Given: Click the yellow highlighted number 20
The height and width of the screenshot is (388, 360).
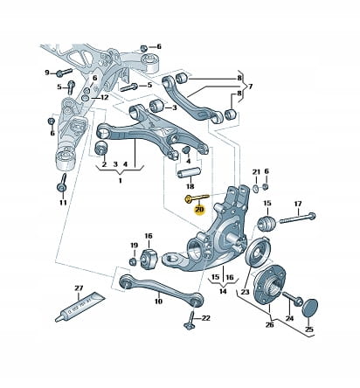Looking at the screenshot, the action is click(200, 210).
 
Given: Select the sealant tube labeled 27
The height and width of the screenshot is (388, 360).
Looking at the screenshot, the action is click(80, 308).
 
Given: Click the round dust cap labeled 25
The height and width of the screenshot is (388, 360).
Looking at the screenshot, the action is click(309, 308).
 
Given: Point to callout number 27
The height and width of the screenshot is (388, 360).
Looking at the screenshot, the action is click(79, 288).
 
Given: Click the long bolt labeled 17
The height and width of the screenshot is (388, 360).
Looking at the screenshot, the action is click(298, 218).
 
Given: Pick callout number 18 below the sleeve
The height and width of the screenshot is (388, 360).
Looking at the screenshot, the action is click(190, 186).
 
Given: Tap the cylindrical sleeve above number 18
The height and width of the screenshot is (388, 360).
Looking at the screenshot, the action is click(189, 172).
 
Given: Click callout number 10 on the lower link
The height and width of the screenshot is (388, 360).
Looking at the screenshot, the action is click(158, 301).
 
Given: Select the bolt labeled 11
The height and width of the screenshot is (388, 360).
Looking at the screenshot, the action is click(62, 183).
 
